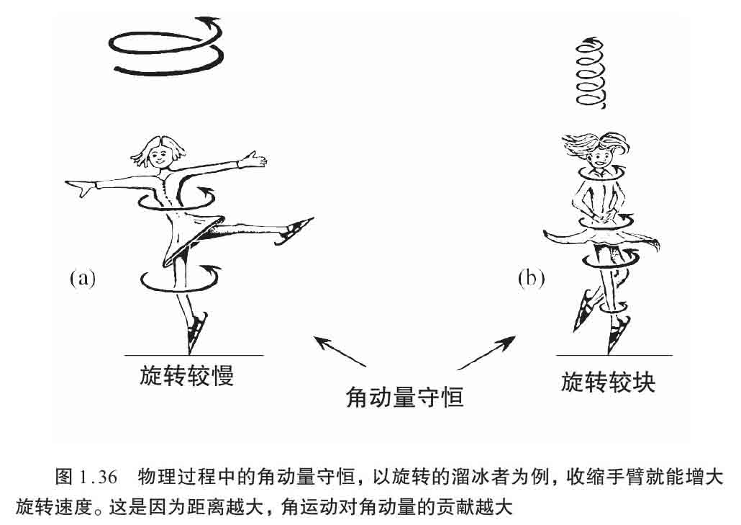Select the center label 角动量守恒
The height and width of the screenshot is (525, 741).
[x=405, y=396]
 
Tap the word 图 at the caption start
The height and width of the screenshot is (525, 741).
[x=63, y=477]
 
